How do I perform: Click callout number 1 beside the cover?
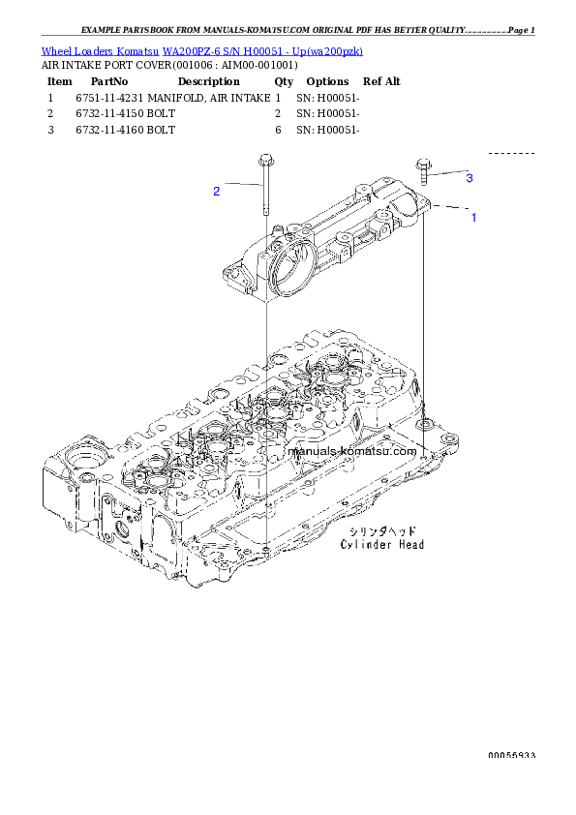pyautogui.click(x=473, y=218)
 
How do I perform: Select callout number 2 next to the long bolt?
pyautogui.click(x=217, y=192)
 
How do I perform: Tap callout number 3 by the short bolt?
pyautogui.click(x=469, y=178)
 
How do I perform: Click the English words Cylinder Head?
pyautogui.click(x=381, y=545)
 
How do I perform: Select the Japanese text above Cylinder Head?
pyautogui.click(x=384, y=531)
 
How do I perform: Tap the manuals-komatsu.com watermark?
pyautogui.click(x=352, y=450)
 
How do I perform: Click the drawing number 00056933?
pyautogui.click(x=511, y=755)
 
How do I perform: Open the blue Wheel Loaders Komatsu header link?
pyautogui.click(x=202, y=51)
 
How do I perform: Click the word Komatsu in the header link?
pyautogui.click(x=141, y=51)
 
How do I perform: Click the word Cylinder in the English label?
pyautogui.click(x=364, y=545)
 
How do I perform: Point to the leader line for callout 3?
pyautogui.click(x=446, y=174)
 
